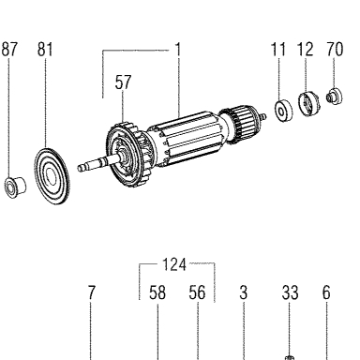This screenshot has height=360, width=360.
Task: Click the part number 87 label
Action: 9,50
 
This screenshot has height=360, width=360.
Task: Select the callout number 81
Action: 45,50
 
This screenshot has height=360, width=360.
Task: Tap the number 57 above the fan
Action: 123,82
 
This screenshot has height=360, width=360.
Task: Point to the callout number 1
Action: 178,50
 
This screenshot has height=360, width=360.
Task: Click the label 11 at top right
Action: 278,50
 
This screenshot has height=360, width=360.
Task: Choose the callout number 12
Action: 305,50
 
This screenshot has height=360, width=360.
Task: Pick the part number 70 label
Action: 335,50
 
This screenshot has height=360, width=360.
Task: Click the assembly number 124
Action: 174,264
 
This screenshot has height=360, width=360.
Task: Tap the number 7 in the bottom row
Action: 91,292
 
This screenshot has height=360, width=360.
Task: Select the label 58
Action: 157,292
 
